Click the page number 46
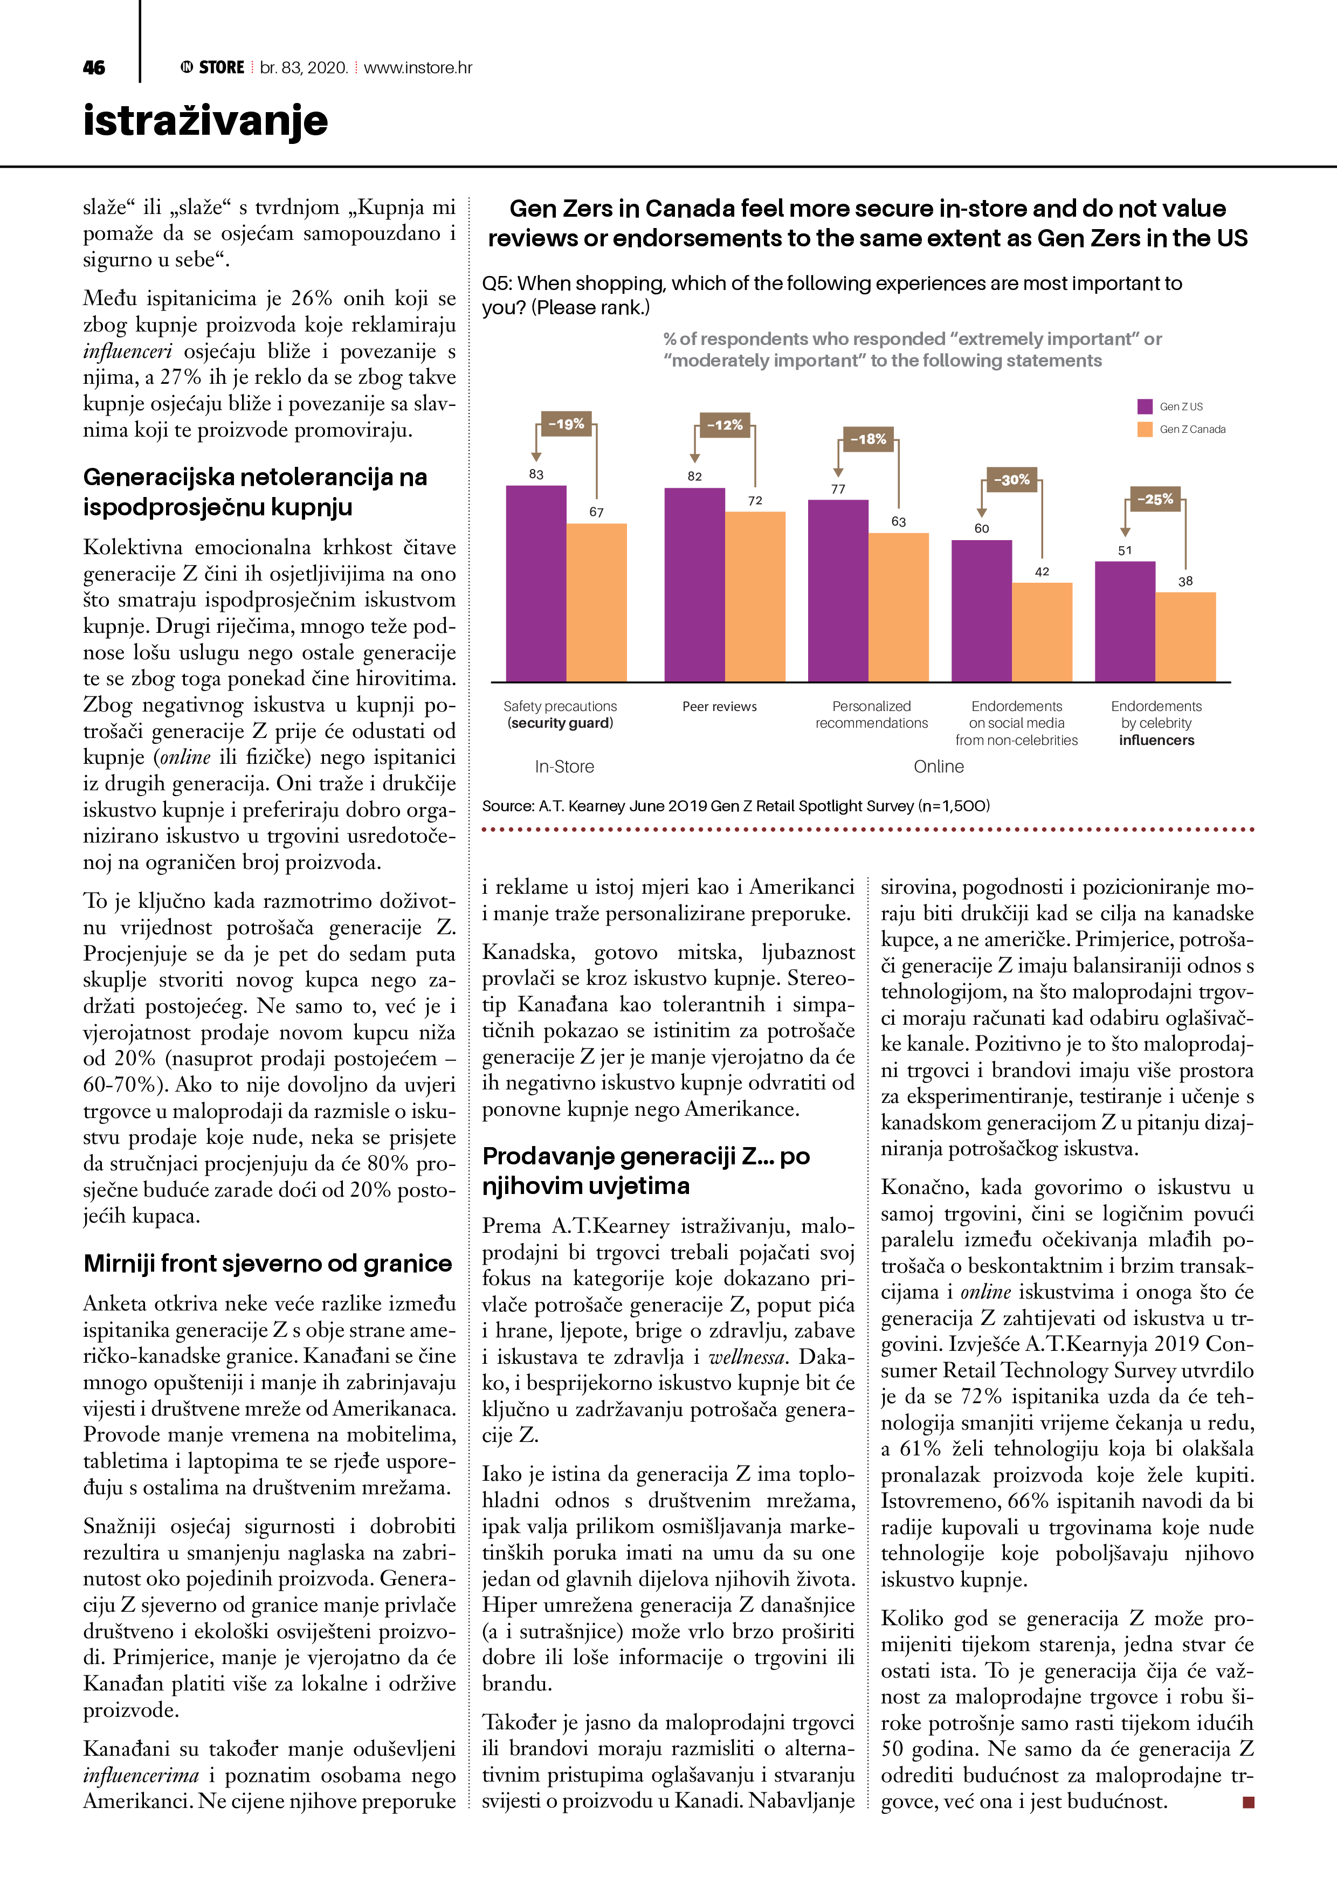(x=94, y=67)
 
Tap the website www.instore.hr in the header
(x=418, y=67)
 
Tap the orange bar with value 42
(x=1042, y=632)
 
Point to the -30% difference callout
(x=1011, y=479)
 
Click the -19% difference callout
(x=566, y=424)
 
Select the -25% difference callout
(x=1155, y=499)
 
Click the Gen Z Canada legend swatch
(x=1144, y=429)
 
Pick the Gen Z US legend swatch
(x=1144, y=406)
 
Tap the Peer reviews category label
(x=719, y=707)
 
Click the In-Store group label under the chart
(x=564, y=767)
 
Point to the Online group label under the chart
(x=938, y=767)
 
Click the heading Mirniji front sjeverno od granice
(x=268, y=1264)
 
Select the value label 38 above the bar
(x=1186, y=582)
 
